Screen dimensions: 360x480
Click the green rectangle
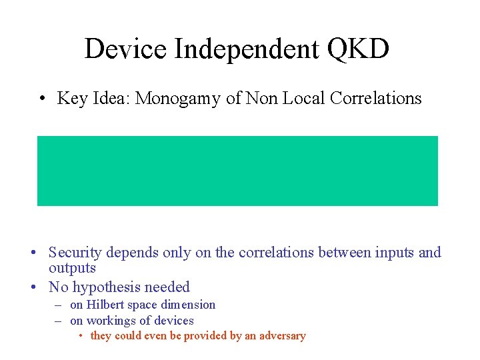237,171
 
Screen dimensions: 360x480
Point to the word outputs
72,268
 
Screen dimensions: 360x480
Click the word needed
169,287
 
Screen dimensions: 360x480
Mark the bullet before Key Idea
42,99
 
